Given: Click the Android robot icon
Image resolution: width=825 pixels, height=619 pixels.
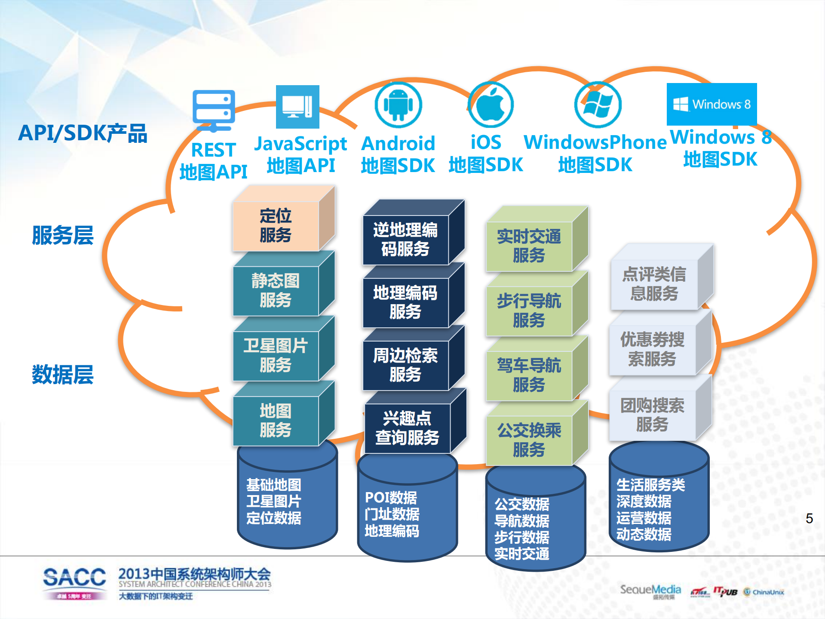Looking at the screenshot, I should [398, 105].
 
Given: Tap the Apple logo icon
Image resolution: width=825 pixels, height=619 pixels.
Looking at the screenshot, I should [491, 105].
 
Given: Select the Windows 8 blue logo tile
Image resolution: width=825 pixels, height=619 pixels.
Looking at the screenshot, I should [712, 104].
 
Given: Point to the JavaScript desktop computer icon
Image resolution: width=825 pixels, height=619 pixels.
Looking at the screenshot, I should [297, 107].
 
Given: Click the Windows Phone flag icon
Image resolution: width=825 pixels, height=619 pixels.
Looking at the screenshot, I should [598, 105].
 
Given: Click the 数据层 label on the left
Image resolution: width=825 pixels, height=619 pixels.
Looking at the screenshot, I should [63, 374].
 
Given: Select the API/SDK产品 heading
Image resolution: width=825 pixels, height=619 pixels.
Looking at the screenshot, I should [83, 133].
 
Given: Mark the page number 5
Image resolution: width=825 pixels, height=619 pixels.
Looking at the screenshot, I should [809, 518].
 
